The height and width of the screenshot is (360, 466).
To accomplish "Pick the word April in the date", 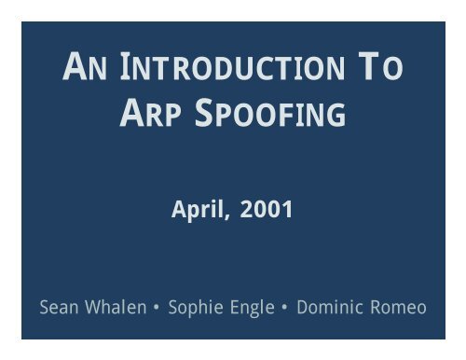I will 198,211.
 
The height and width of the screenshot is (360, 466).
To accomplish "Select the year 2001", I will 267,211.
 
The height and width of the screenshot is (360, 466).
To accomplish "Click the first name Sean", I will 60,306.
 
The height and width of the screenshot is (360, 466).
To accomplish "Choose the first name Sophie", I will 193,306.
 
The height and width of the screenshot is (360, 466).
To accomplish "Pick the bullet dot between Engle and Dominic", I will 283,307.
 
